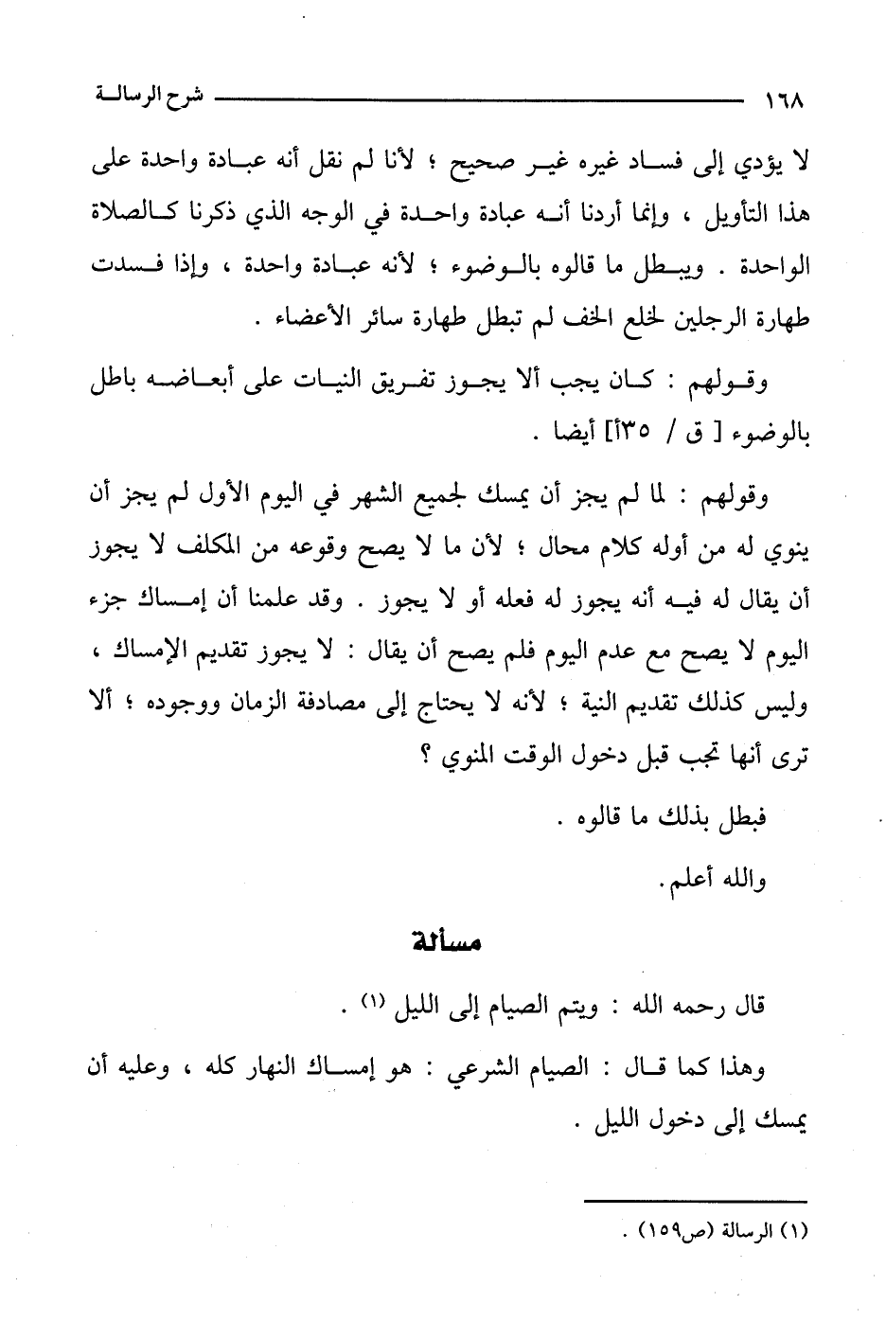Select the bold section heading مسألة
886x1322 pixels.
[448, 943]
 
